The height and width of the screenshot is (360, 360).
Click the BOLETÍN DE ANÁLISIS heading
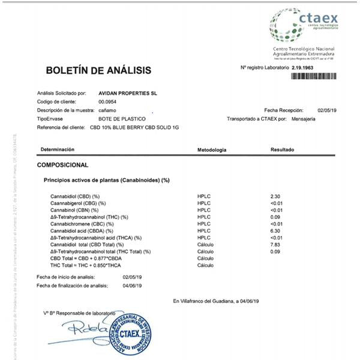pyautogui.click(x=98, y=71)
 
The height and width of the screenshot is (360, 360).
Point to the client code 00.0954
pyautogui.click(x=99, y=102)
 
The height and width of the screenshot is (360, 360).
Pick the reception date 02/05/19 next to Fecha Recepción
pyautogui.click(x=328, y=110)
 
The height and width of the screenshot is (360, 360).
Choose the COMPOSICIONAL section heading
pyautogui.click(x=63, y=164)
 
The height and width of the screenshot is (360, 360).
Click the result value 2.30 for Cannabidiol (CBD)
pyautogui.click(x=275, y=196)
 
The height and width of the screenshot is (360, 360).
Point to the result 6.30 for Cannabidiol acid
pyautogui.click(x=275, y=230)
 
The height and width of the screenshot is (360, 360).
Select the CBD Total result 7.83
pyautogui.click(x=275, y=244)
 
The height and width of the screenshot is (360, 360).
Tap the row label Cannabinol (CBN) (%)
pyautogui.click(x=74, y=210)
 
